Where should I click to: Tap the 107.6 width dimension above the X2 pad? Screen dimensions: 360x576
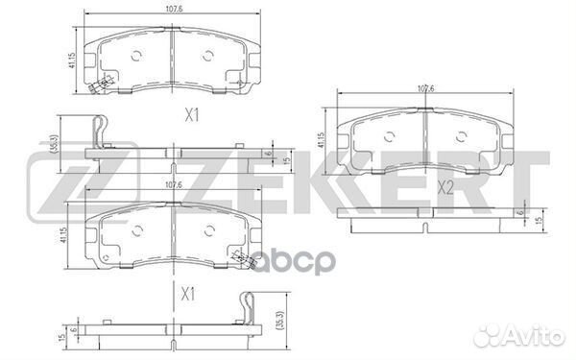[426, 90]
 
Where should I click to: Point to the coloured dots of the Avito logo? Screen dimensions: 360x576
[489, 336]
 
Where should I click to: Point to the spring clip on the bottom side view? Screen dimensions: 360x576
[247, 307]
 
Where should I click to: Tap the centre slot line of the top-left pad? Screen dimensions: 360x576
[168, 58]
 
